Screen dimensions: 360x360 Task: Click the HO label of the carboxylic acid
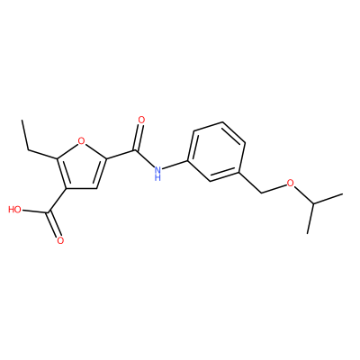pos(15,210)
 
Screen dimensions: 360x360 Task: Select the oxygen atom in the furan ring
pos(81,140)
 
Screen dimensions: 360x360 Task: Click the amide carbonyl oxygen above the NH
pos(141,121)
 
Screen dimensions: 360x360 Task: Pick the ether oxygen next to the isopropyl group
pos(290,184)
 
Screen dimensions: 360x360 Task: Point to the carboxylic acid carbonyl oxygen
pos(61,240)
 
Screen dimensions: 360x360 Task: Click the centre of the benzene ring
pos(216,151)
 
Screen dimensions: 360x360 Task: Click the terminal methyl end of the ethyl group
pos(22,121)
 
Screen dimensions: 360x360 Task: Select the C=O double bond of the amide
pos(139,138)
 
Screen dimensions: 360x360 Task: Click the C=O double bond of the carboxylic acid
pos(54,225)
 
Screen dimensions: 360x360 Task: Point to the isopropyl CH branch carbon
pos(313,204)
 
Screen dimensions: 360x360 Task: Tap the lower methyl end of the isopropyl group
pos(308,233)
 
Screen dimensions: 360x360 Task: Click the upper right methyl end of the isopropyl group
pos(342,194)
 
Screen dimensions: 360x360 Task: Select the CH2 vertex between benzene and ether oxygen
pos(262,193)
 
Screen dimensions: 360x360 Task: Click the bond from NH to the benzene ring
pos(175,165)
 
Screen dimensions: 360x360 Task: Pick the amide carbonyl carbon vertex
pos(137,150)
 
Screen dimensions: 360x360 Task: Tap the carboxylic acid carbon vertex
pos(49,213)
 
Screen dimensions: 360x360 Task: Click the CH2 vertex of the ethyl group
pos(29,149)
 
